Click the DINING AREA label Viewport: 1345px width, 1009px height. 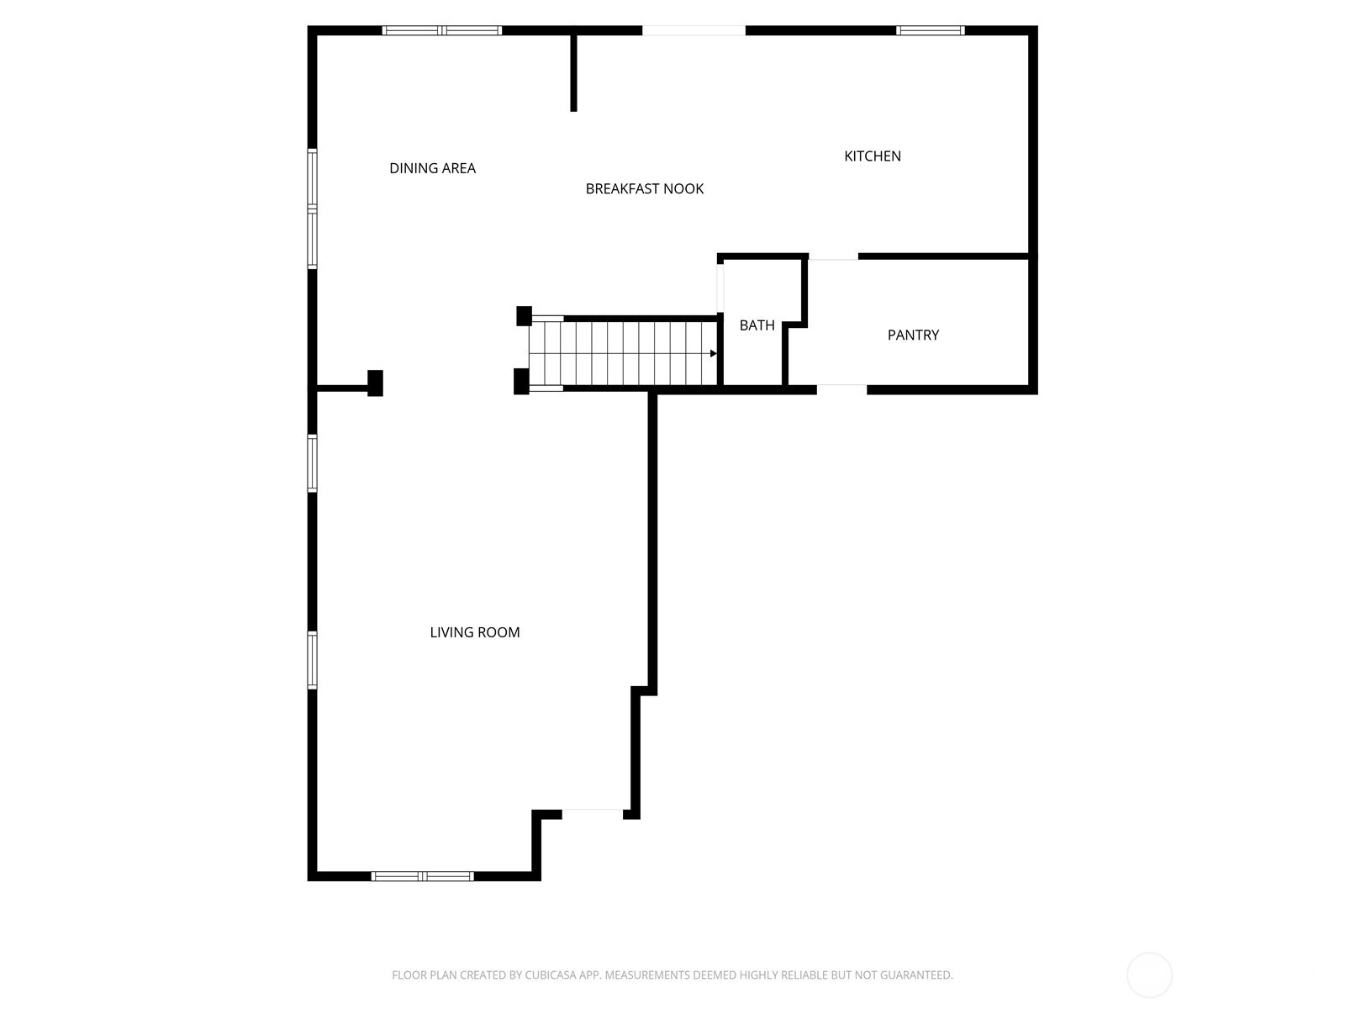tap(432, 168)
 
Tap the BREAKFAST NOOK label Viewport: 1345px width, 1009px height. tap(645, 188)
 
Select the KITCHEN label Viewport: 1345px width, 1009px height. tap(873, 156)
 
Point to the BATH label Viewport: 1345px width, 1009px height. tap(757, 325)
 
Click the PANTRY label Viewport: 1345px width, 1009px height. tap(913, 335)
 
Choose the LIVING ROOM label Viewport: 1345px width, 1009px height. tap(475, 632)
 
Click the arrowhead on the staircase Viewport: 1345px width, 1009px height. tap(713, 353)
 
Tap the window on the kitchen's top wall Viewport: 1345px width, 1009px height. tap(930, 31)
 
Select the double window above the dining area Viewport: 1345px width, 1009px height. tap(442, 31)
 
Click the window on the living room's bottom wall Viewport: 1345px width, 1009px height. tap(423, 876)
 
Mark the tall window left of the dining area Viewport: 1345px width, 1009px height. tap(313, 209)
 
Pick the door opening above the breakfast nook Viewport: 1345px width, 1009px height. tap(694, 31)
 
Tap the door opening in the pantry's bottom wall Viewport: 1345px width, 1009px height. tap(841, 388)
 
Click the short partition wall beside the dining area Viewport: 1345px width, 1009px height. tap(574, 72)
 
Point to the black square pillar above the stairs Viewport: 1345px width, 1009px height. tap(524, 316)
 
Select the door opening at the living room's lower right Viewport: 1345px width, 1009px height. tap(593, 813)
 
